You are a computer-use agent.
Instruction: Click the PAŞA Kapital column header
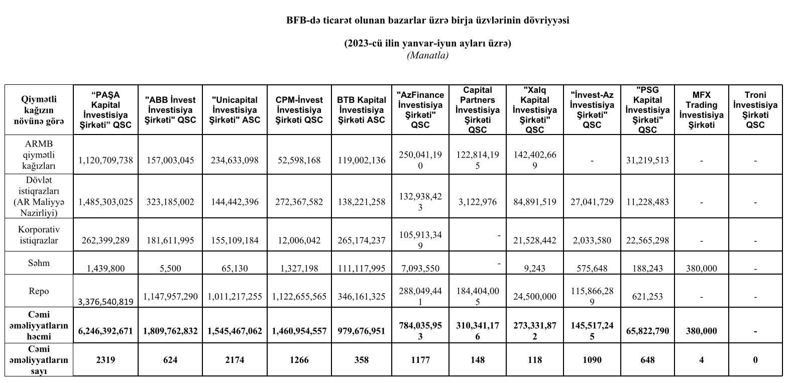(105, 110)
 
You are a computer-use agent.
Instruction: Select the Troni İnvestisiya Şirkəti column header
(755, 110)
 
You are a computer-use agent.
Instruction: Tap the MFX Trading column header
(701, 110)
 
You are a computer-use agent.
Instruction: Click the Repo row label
(39, 291)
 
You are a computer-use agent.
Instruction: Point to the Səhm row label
(39, 263)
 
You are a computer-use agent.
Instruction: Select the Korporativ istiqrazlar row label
(39, 234)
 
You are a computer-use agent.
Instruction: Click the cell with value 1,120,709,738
(105, 160)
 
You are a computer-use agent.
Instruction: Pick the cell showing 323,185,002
(170, 202)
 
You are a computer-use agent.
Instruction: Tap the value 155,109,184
(235, 240)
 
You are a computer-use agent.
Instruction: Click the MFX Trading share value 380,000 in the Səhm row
(701, 269)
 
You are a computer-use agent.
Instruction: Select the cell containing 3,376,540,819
(105, 301)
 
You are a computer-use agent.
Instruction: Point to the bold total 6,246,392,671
(105, 331)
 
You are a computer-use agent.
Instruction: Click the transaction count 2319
(105, 359)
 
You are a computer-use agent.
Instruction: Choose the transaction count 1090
(592, 359)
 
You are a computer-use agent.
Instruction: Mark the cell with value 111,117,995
(361, 269)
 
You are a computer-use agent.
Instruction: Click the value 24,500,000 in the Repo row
(534, 297)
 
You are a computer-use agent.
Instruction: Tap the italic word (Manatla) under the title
(427, 55)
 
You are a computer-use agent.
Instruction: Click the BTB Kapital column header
(361, 110)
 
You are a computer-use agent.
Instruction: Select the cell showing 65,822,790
(647, 331)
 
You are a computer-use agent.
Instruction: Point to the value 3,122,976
(477, 202)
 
